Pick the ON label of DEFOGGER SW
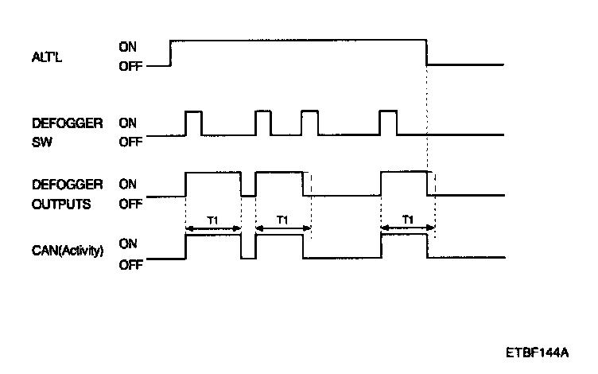(127, 123)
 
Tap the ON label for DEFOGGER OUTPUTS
(127, 184)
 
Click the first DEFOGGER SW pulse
(192, 123)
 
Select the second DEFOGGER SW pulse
(263, 123)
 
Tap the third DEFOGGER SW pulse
(309, 123)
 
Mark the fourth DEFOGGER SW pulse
(388, 123)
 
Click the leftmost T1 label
(212, 219)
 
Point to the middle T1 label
(283, 219)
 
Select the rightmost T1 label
(407, 219)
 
